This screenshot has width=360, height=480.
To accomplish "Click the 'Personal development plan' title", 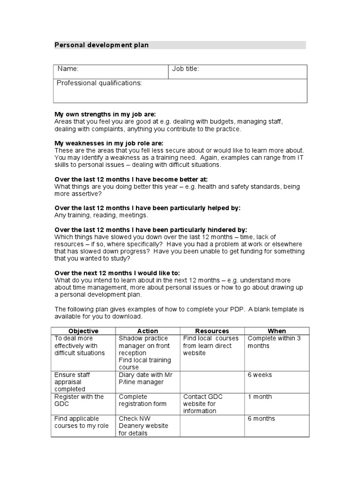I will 102,45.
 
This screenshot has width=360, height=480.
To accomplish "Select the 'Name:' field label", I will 68,69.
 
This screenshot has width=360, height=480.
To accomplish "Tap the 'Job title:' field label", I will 186,69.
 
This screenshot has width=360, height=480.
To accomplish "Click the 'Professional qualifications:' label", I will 99,83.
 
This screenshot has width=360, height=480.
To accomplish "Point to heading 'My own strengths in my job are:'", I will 105,114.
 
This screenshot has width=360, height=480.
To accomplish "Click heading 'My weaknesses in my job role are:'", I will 109,143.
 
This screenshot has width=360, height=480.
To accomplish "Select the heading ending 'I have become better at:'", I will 131,180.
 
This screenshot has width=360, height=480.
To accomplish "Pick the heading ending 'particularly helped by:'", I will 147,208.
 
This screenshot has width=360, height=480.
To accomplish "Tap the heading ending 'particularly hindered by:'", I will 150,230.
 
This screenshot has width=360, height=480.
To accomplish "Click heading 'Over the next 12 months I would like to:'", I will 117,273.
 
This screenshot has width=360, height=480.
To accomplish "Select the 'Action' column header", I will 148,331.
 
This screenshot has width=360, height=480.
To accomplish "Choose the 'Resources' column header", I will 212,331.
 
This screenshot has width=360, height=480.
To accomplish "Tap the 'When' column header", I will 277,331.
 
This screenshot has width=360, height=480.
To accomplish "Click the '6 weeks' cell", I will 260,375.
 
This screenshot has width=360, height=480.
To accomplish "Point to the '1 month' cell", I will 260,397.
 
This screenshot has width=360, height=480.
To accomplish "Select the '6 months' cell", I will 261,419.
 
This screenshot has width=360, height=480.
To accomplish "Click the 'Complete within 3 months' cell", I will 274,342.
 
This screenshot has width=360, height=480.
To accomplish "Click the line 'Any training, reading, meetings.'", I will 101,215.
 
